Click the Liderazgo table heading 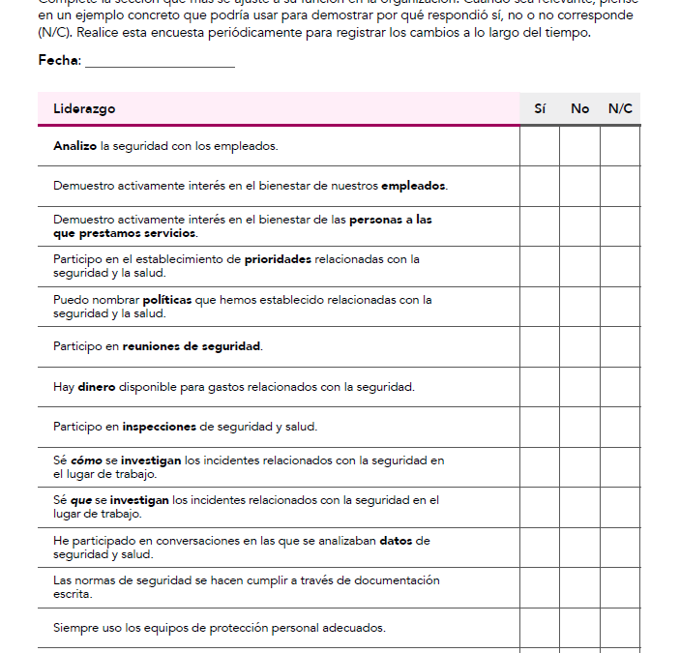pos(84,108)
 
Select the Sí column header pos(540,108)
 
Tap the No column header pos(579,108)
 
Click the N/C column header pos(620,108)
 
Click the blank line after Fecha pos(160,62)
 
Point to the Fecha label pos(59,60)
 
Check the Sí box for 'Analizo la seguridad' pos(540,146)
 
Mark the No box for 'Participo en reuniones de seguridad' pos(579,346)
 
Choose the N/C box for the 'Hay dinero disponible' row pos(620,387)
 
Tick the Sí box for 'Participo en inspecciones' pos(540,427)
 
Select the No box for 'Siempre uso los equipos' pos(579,628)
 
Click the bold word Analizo pos(74,146)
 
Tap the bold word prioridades pos(278,259)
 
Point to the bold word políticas pos(167,300)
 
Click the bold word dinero pos(97,387)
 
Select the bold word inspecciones pos(159,427)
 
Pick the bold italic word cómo pos(86,460)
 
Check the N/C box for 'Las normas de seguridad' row pos(620,587)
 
